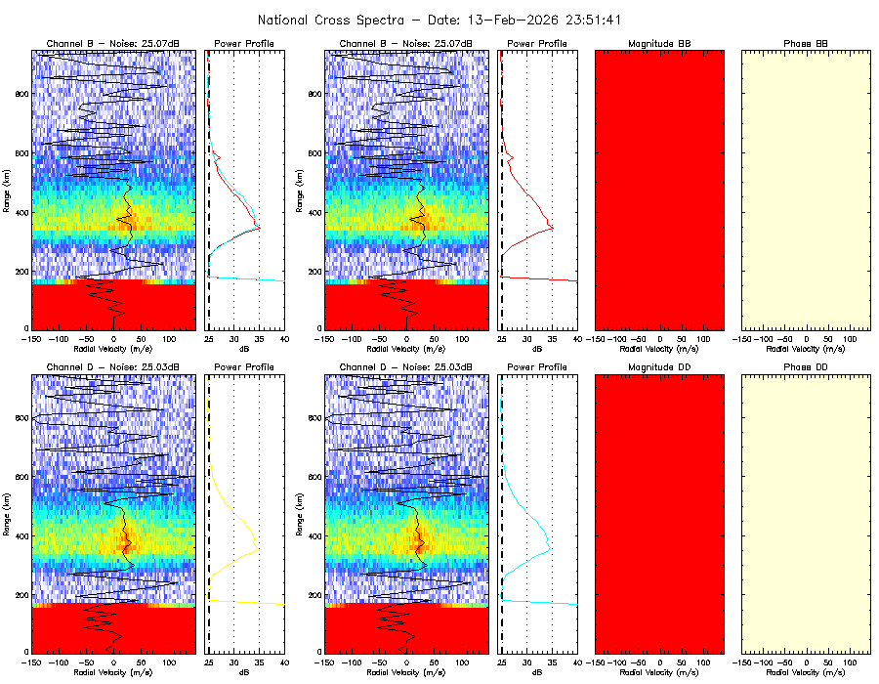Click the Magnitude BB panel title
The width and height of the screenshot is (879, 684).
pyautogui.click(x=659, y=44)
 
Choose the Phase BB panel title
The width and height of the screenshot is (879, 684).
pyautogui.click(x=806, y=44)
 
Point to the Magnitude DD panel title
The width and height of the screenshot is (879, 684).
pyautogui.click(x=659, y=367)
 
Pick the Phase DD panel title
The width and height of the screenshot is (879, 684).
pyautogui.click(x=806, y=367)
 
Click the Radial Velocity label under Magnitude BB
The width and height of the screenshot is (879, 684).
pyautogui.click(x=660, y=348)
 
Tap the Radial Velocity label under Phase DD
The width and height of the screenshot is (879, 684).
pyautogui.click(x=807, y=671)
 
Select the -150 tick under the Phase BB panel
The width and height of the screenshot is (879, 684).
pyautogui.click(x=742, y=338)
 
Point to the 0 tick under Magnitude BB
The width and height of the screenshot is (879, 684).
pyautogui.click(x=660, y=338)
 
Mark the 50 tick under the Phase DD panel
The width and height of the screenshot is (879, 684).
pyautogui.click(x=829, y=662)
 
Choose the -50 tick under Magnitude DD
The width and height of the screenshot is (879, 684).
pyautogui.click(x=638, y=662)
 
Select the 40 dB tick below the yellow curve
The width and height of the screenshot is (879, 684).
pyautogui.click(x=283, y=662)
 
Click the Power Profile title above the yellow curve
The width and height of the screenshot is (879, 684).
pyautogui.click(x=245, y=367)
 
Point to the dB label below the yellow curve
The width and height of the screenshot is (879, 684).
pyautogui.click(x=245, y=671)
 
